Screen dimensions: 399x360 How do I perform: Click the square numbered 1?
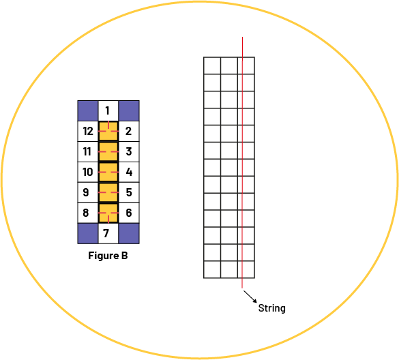pos(108,110)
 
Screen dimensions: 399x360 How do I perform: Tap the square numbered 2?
pos(129,132)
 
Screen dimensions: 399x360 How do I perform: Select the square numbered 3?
pos(129,151)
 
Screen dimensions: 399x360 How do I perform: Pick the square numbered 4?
pos(129,172)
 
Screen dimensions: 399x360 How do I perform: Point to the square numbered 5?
pos(129,192)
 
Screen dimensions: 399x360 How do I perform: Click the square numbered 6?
pos(129,213)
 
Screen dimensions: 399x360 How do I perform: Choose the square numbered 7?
pos(108,234)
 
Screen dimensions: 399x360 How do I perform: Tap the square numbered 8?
pos(88,213)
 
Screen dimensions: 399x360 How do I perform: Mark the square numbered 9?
pos(88,192)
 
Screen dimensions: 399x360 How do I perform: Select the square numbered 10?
pos(88,172)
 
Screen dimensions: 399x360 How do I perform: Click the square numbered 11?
pos(88,151)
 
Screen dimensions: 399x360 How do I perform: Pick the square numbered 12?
pos(88,132)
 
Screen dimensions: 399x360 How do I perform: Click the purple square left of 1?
pos(88,110)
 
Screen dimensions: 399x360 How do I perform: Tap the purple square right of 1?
pos(129,110)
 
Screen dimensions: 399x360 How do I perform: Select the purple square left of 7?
pos(88,234)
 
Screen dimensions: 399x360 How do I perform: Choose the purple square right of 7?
pos(129,234)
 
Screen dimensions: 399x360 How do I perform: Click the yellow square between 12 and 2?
pos(108,132)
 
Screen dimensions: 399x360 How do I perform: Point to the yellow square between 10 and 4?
pos(108,172)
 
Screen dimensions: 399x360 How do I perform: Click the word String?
pos(271,308)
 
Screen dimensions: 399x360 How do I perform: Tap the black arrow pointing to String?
pos(250,297)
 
